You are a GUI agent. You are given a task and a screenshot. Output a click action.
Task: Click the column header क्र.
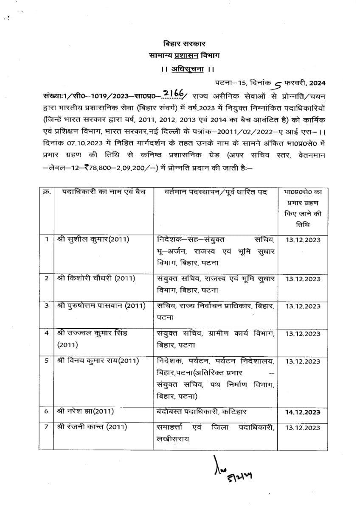click(x=47, y=192)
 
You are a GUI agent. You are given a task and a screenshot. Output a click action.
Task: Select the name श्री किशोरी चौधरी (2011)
click(x=96, y=278)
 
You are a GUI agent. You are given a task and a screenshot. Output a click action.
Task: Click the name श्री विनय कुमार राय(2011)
click(x=98, y=361)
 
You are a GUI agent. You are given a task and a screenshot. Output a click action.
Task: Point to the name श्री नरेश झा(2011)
click(x=85, y=411)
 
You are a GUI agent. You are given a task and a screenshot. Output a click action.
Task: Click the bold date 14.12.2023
click(x=303, y=412)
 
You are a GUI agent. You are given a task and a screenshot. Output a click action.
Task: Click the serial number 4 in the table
click(x=47, y=333)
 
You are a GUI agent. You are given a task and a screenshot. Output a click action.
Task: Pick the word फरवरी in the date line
click(x=295, y=83)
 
